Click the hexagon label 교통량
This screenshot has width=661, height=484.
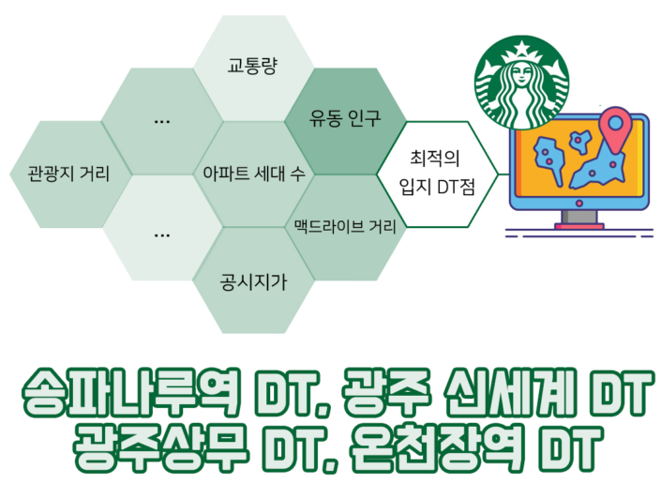point(252,66)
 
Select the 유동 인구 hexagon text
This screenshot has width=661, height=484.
point(345,118)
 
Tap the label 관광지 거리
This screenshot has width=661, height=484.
point(68,174)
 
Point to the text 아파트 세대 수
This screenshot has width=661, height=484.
point(254,174)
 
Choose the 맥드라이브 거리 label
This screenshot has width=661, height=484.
point(345,226)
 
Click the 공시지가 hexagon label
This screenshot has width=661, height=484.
point(253,281)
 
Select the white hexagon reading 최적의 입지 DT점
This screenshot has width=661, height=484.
point(437,174)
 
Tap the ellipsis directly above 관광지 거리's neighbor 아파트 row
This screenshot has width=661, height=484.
point(162,122)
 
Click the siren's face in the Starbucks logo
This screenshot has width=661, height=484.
point(521,75)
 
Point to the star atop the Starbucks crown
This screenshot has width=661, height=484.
point(522,47)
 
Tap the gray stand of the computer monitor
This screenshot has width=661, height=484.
point(579,217)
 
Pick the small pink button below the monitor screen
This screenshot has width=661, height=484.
point(579,204)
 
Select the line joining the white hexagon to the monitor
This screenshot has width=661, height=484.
point(504,174)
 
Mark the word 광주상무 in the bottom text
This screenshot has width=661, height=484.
point(161,447)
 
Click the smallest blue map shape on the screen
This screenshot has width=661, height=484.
point(580,141)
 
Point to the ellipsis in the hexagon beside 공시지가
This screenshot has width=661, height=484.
point(162,235)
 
